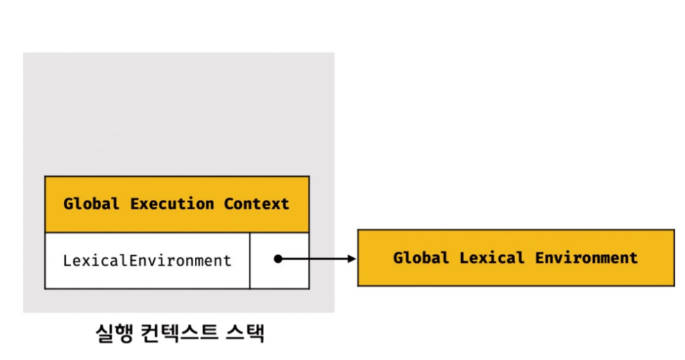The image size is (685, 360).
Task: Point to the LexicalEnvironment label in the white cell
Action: pyautogui.click(x=147, y=261)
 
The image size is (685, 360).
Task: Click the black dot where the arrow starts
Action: pyautogui.click(x=277, y=259)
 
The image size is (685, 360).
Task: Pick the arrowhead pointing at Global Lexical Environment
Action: pyautogui.click(x=351, y=259)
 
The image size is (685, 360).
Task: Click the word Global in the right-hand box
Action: pyautogui.click(x=421, y=258)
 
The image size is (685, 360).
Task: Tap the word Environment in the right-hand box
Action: pyautogui.click(x=586, y=258)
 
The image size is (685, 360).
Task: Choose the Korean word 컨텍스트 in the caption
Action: pyautogui.click(x=177, y=334)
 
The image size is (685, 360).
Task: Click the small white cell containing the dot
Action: pyautogui.click(x=279, y=261)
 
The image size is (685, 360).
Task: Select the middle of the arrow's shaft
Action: pyautogui.click(x=315, y=259)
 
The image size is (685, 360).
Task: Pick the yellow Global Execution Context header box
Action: pyautogui.click(x=177, y=204)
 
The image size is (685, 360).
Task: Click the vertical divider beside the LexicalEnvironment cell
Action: pyautogui.click(x=250, y=261)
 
